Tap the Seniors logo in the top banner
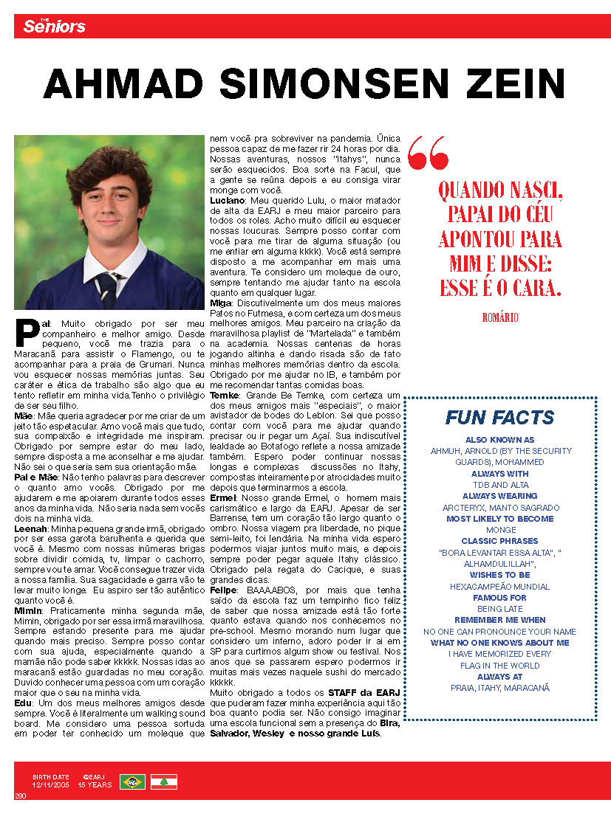54,27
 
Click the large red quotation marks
428,152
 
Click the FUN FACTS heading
499,418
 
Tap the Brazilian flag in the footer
132,781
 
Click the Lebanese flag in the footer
163,781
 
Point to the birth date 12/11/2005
51,785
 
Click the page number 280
20,796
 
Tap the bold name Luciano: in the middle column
228,200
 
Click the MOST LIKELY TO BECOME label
499,519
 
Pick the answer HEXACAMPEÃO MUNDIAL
499,586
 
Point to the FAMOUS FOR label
499,597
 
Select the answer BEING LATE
499,609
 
